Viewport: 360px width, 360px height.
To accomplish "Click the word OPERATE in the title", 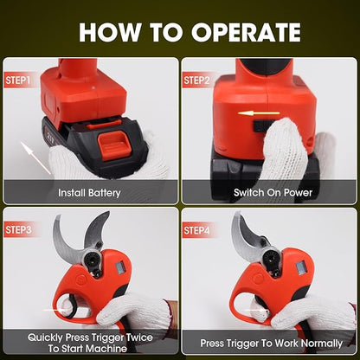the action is point(247,32).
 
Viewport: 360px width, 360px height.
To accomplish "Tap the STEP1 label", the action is point(17,80).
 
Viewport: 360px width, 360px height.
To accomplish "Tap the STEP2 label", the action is point(196,80).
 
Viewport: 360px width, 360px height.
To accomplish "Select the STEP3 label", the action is point(18,230).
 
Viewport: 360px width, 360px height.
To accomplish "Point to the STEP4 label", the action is point(196,230).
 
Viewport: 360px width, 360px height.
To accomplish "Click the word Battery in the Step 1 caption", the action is point(105,193).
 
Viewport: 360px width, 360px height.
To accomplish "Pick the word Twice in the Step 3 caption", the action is point(139,337).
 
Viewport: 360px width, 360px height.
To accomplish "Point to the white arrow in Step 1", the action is point(35,157).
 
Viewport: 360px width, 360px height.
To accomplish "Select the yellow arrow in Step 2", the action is point(259,113).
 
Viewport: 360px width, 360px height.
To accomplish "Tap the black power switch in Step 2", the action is point(261,126).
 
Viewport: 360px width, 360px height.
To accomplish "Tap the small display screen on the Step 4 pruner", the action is point(301,267).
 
